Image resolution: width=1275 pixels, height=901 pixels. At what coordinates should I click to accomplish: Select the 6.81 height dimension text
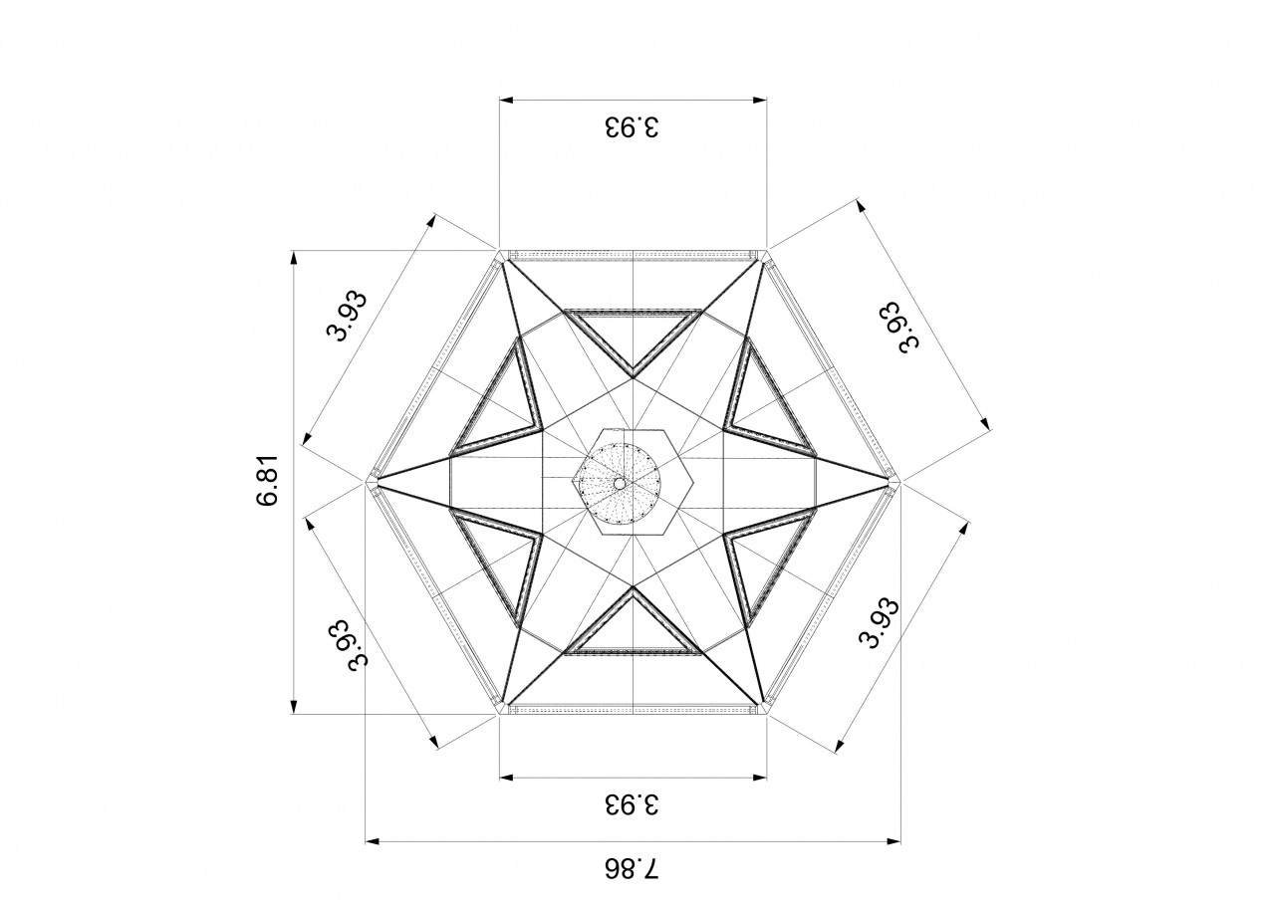[x=267, y=480]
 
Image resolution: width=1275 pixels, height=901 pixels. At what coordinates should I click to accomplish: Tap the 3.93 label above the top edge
[x=632, y=126]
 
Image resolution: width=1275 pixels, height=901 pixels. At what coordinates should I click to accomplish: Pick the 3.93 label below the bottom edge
[x=632, y=804]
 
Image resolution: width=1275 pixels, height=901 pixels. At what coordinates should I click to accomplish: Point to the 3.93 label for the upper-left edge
[x=347, y=316]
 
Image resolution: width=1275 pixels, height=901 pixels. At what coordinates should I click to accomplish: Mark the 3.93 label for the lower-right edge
[x=880, y=624]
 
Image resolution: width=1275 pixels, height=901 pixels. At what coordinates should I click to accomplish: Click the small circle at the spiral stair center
[x=620, y=483]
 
